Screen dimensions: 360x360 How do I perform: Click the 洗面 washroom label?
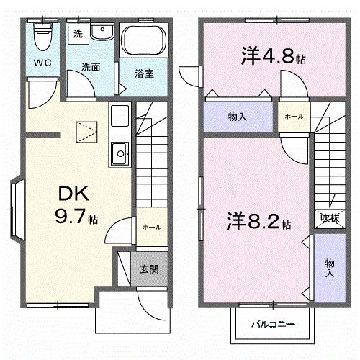pos(90,67)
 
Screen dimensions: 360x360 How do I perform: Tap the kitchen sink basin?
pos(119,153)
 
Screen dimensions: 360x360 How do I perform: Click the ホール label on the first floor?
pos(150,227)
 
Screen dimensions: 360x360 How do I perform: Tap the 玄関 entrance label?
pos(150,269)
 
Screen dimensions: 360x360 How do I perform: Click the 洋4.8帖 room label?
pos(273,58)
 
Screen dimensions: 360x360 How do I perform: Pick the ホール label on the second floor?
pos(293,117)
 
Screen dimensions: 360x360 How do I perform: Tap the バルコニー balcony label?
pos(273,324)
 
